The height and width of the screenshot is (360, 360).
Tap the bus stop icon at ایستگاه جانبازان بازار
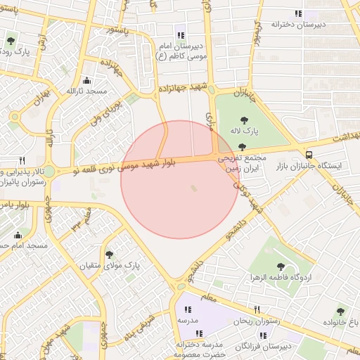[309, 154]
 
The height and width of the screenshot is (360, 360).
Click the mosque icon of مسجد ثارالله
[86, 80]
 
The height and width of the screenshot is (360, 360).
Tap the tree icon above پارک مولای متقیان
[109, 254]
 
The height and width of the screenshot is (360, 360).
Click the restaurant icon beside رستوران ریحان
[257, 309]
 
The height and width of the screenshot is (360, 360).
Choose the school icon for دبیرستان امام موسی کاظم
[181, 35]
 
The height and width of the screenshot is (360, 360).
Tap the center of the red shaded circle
[180, 179]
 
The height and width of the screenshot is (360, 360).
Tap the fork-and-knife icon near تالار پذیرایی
[22, 160]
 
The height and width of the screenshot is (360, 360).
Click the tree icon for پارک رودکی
[11, 40]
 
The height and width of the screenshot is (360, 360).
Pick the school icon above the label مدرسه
[187, 308]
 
